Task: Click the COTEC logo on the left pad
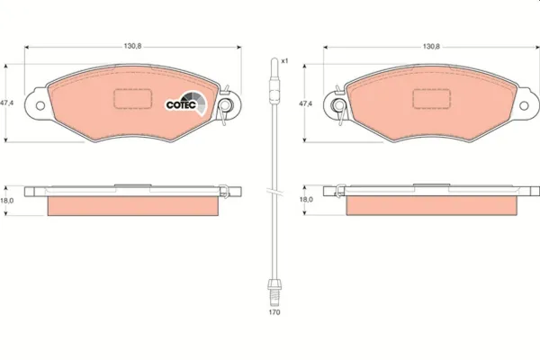(x=186, y=103)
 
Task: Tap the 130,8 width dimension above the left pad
(x=132, y=46)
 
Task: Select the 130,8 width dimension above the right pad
(x=431, y=46)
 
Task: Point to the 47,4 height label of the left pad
(x=7, y=103)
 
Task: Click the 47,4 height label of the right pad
(x=306, y=103)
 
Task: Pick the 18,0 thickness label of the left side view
(x=7, y=201)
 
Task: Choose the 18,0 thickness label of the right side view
(x=306, y=199)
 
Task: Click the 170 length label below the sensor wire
(x=274, y=312)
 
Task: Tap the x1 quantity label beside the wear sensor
(x=284, y=61)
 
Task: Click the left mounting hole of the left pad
(x=40, y=105)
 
